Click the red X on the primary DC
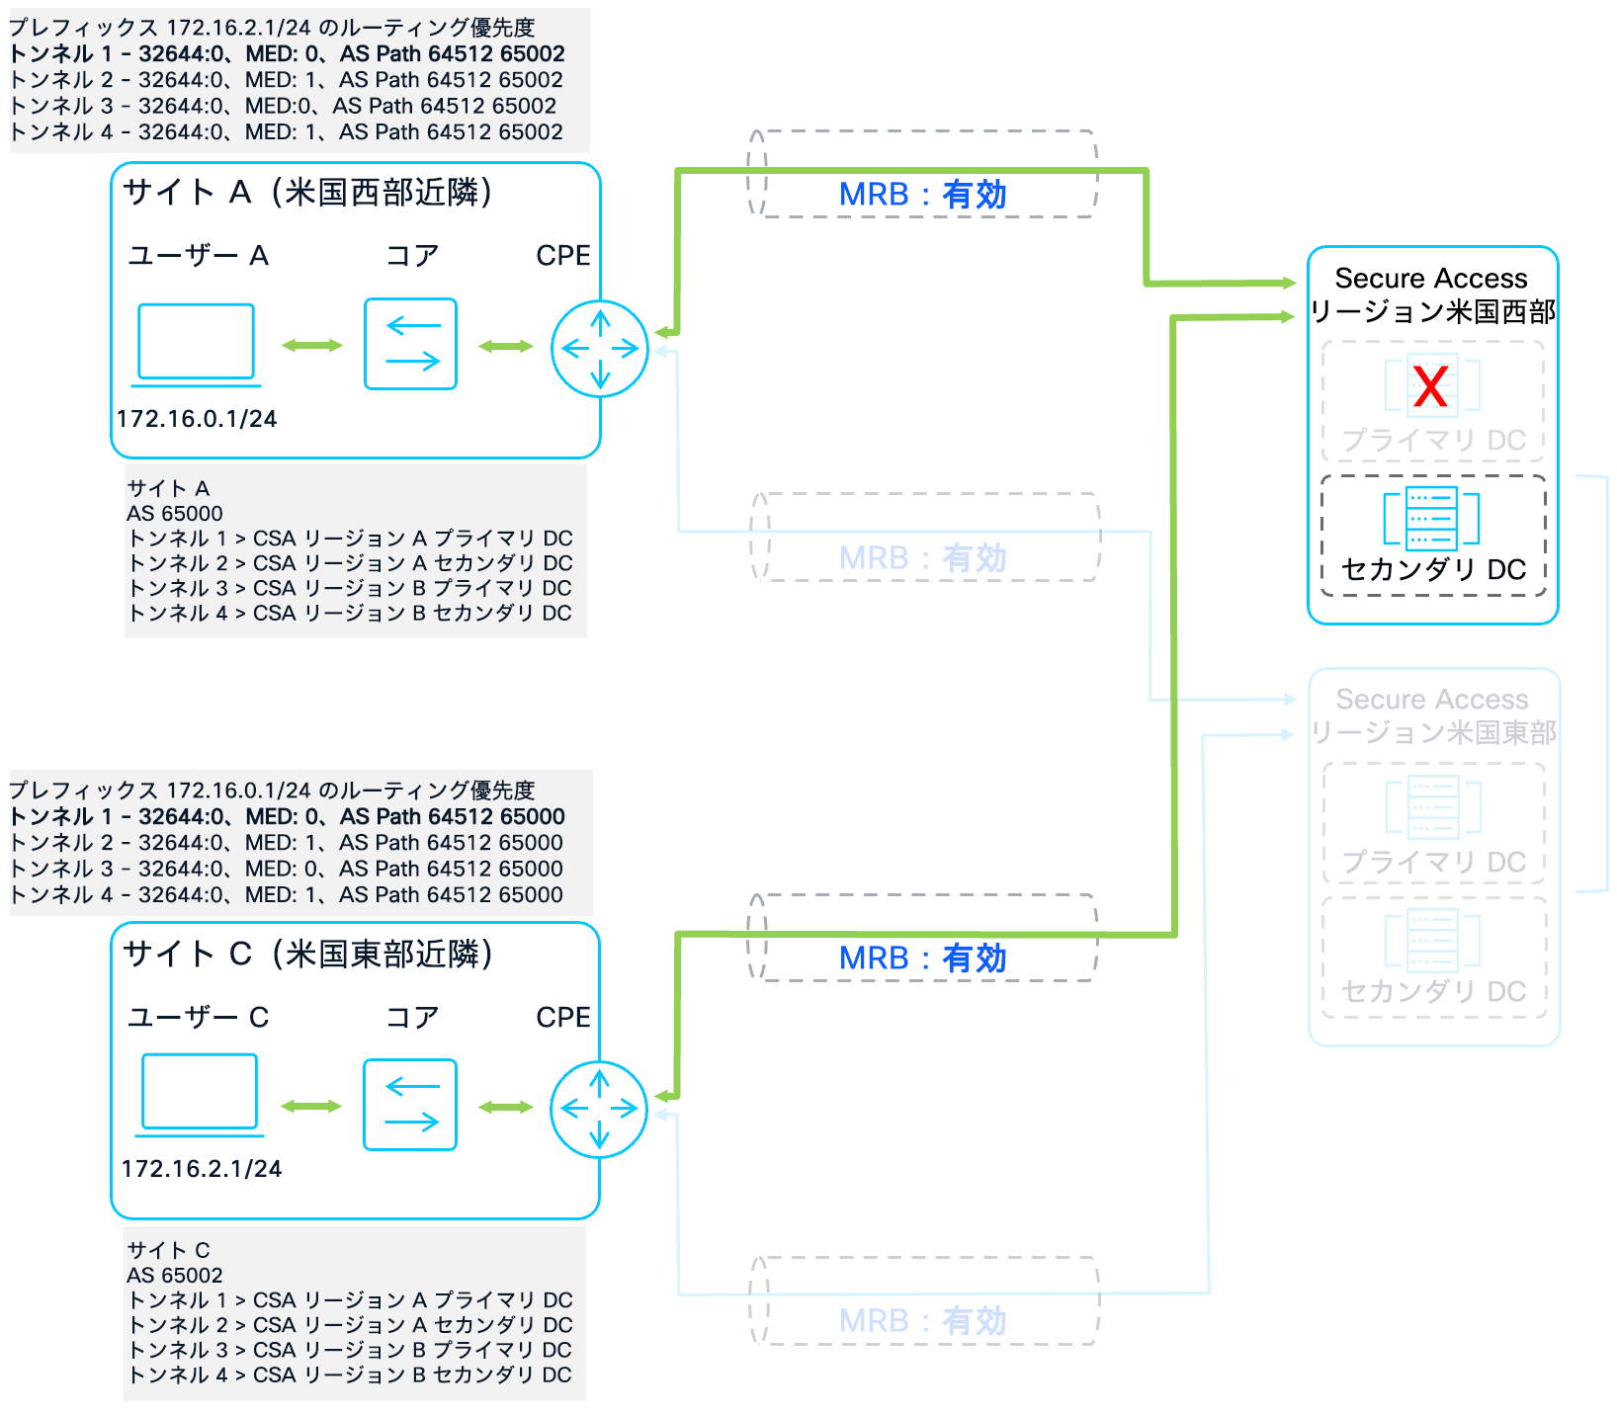[1430, 386]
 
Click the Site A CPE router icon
[600, 349]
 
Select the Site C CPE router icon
[599, 1110]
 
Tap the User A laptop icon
[196, 344]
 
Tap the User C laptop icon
[199, 1093]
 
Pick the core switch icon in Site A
[410, 344]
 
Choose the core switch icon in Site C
[410, 1105]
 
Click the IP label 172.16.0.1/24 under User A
[197, 419]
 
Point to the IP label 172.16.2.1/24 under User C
[202, 1169]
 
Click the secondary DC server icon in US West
[1431, 519]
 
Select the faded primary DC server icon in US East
[1432, 806]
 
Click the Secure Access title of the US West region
[1430, 279]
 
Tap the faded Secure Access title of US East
[1431, 700]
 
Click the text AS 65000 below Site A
[175, 514]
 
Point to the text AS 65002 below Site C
[175, 1276]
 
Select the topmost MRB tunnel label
[922, 195]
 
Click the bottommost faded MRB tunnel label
[922, 1321]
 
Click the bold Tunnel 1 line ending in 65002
[287, 54]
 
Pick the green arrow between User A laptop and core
[312, 345]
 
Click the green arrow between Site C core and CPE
[505, 1107]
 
